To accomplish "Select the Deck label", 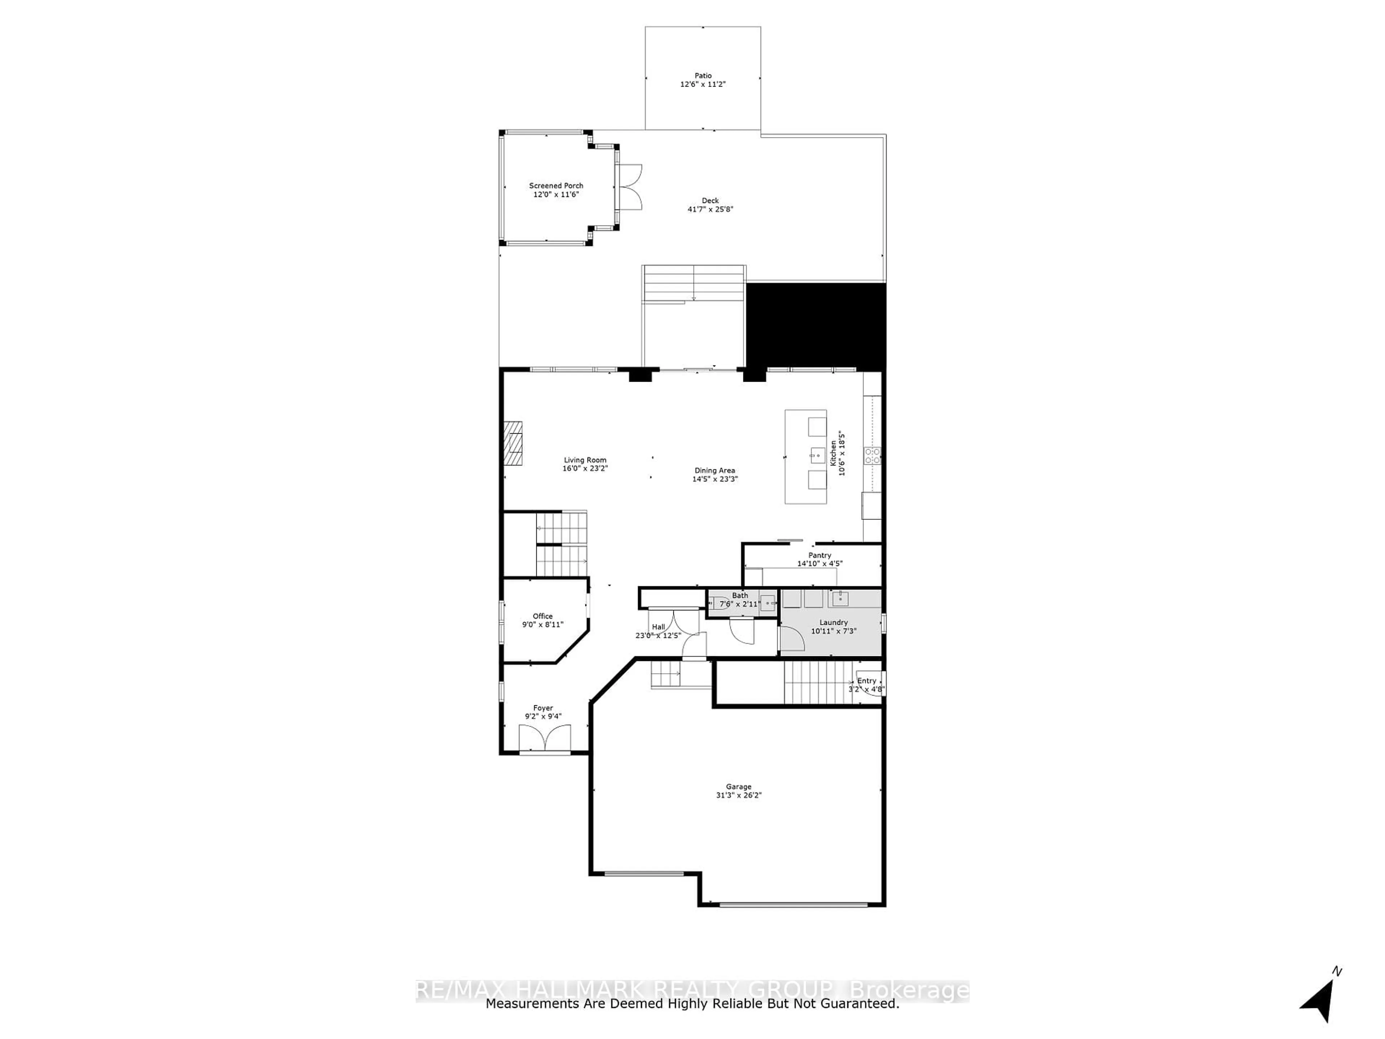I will pos(710,201).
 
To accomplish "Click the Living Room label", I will pos(585,460).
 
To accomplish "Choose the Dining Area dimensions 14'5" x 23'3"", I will pos(715,479).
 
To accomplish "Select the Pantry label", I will pos(819,555).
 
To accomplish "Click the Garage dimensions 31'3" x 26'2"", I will pos(738,795).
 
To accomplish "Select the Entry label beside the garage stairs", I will pos(867,681).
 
